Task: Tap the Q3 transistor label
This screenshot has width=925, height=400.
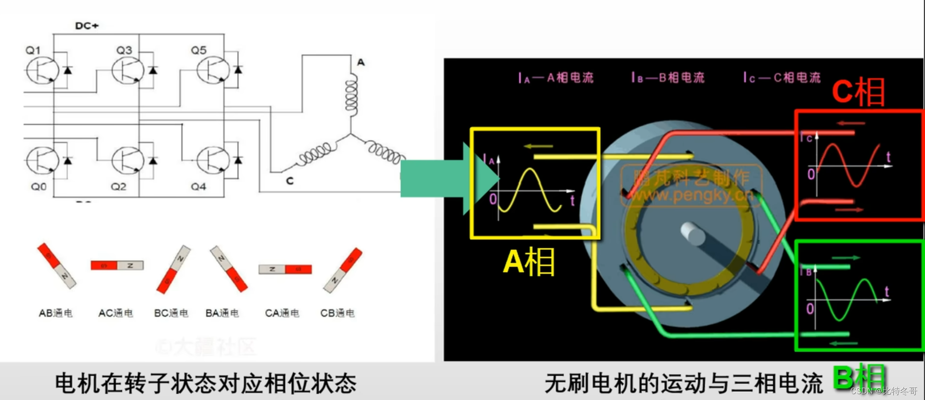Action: point(124,50)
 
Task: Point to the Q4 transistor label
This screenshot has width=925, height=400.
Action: point(198,187)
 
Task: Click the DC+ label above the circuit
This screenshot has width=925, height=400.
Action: point(87,26)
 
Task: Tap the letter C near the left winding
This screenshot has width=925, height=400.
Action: point(290,181)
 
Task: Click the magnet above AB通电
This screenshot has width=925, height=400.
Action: point(57,266)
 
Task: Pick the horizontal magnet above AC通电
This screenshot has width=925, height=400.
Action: point(117,265)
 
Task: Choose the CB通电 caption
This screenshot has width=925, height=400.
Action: point(337,313)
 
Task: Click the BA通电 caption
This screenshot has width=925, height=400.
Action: point(222,313)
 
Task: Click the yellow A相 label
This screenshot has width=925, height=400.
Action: point(529,262)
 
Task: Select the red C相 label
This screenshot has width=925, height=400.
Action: point(858,92)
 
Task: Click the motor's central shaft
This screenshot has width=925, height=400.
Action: point(692,234)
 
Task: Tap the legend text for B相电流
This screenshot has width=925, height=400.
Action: point(668,78)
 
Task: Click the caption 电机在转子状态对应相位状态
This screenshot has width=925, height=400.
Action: point(205,383)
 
